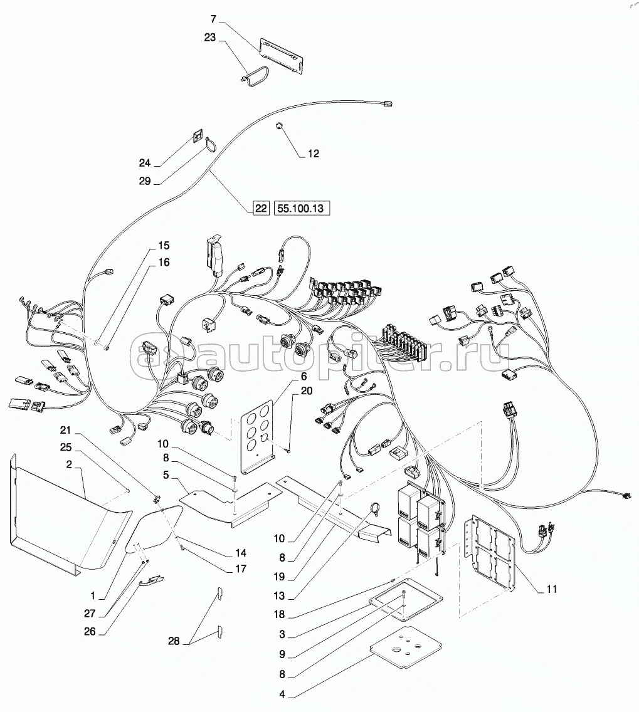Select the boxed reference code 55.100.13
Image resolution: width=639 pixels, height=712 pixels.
(x=301, y=209)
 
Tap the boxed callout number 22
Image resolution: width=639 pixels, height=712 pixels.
(x=261, y=209)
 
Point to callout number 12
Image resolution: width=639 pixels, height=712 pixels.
(x=313, y=154)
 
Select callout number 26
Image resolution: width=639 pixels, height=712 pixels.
(x=90, y=632)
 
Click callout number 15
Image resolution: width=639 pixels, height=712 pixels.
(x=163, y=245)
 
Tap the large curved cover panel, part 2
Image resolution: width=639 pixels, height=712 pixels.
(x=69, y=514)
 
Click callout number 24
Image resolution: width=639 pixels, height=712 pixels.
(x=145, y=163)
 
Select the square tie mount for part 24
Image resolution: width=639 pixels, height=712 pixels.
(x=198, y=137)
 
